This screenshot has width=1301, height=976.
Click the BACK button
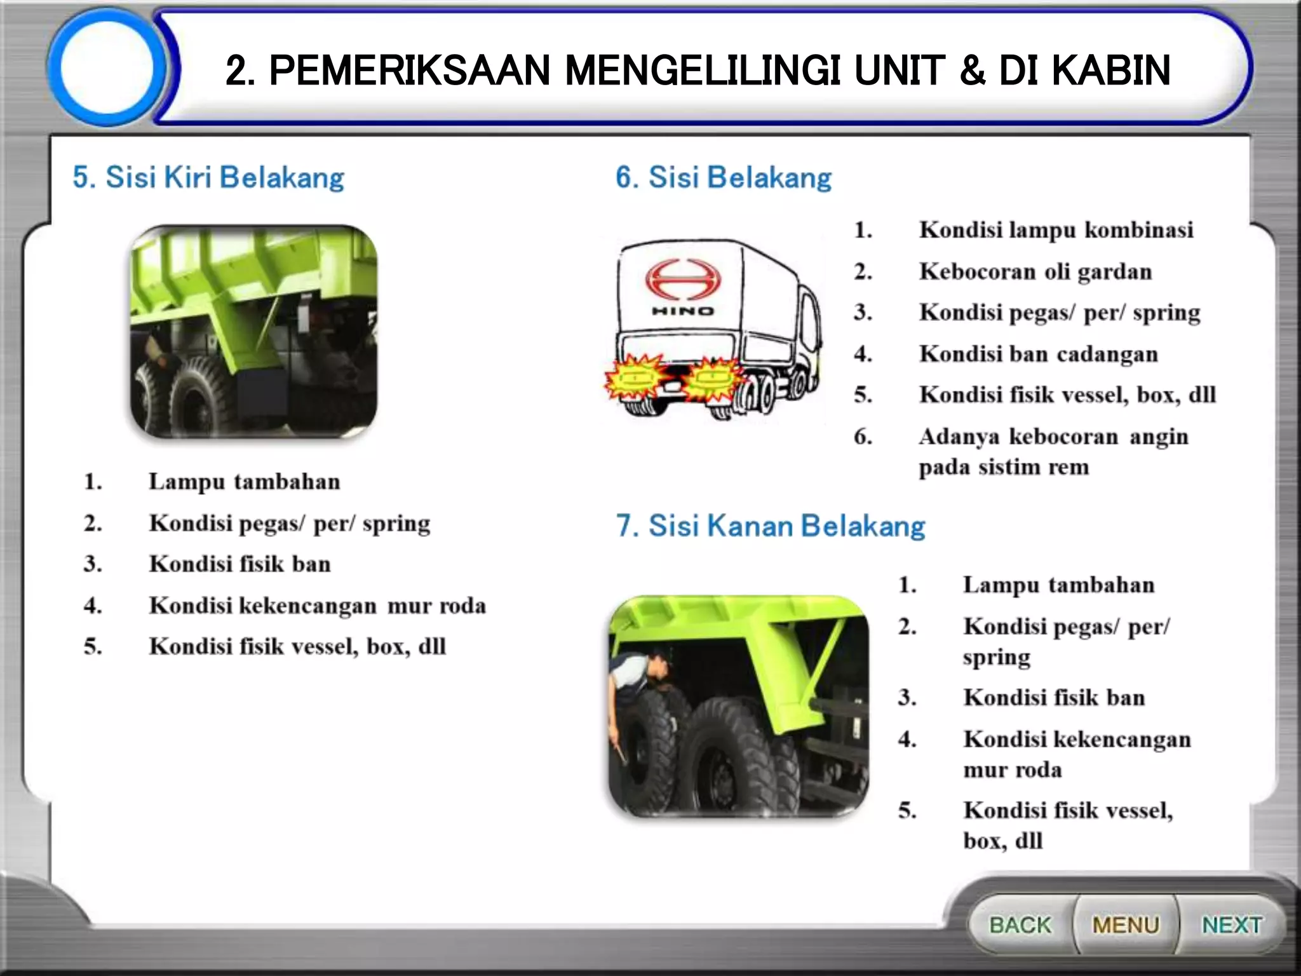[x=1020, y=925]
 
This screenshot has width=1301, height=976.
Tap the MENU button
[x=1126, y=925]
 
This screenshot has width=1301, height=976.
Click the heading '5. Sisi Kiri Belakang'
[x=208, y=177]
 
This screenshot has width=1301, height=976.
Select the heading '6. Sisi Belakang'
[x=724, y=177]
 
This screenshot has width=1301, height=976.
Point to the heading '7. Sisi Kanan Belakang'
[x=771, y=526]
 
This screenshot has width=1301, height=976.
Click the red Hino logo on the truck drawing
[x=684, y=280]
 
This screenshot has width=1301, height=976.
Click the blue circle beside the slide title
[x=107, y=67]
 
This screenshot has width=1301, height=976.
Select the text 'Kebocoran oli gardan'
[x=1035, y=272]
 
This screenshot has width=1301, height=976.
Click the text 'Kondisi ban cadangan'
[x=1038, y=354]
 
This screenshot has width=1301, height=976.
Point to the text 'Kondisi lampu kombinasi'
[x=1056, y=230]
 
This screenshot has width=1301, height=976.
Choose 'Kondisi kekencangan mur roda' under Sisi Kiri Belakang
[x=317, y=606]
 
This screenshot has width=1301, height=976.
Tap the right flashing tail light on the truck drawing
[x=713, y=380]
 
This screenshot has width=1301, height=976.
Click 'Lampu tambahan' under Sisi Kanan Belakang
[x=1058, y=585]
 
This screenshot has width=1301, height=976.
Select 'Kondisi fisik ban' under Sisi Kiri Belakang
[x=239, y=564]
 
